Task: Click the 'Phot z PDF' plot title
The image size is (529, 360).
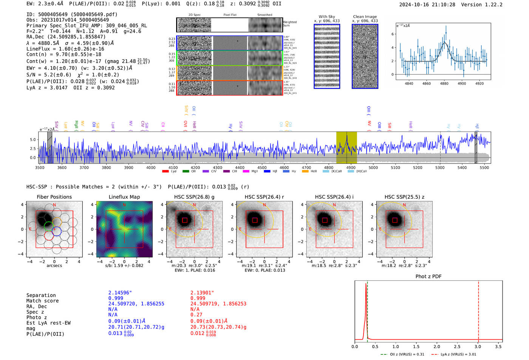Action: pyautogui.click(x=428, y=277)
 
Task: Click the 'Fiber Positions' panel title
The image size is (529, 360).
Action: pyautogui.click(x=54, y=197)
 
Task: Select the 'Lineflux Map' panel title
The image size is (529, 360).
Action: pyautogui.click(x=124, y=197)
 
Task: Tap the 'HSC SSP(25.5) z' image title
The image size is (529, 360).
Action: pyautogui.click(x=404, y=197)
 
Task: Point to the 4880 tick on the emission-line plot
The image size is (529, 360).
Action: pyautogui.click(x=444, y=83)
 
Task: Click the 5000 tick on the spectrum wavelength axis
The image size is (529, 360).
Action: pyautogui.click(x=373, y=167)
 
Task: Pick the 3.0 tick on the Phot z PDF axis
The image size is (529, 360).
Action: pyautogui.click(x=478, y=346)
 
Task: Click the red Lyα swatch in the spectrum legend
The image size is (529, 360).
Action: pyautogui.click(x=166, y=172)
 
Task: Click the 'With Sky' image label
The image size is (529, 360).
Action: pyautogui.click(x=326, y=17)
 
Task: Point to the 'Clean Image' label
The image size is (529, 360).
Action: pyautogui.click(x=365, y=17)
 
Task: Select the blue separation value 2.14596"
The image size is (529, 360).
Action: pyautogui.click(x=120, y=293)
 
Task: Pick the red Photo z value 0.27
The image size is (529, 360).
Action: pyautogui.click(x=196, y=315)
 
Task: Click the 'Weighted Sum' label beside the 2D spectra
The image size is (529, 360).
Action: pyautogui.click(x=289, y=24)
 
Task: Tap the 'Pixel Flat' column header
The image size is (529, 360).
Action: pyautogui.click(x=230, y=15)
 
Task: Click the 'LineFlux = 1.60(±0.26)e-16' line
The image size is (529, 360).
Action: pyautogui.click(x=65, y=49)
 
